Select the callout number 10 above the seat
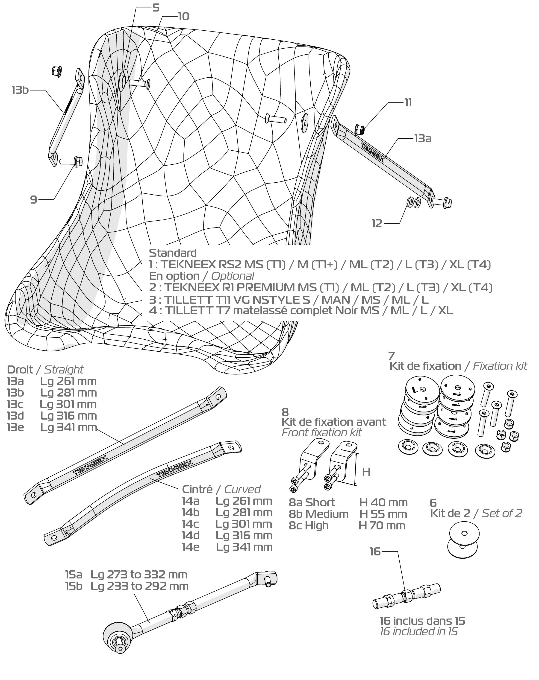(183, 16)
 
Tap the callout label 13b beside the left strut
(20, 90)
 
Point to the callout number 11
(408, 103)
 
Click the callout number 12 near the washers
(377, 224)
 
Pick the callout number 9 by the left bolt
(33, 200)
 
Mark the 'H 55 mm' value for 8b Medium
(383, 514)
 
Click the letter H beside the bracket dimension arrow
(366, 472)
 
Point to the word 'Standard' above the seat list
(173, 253)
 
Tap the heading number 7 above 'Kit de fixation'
(392, 356)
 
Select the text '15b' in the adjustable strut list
(74, 586)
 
